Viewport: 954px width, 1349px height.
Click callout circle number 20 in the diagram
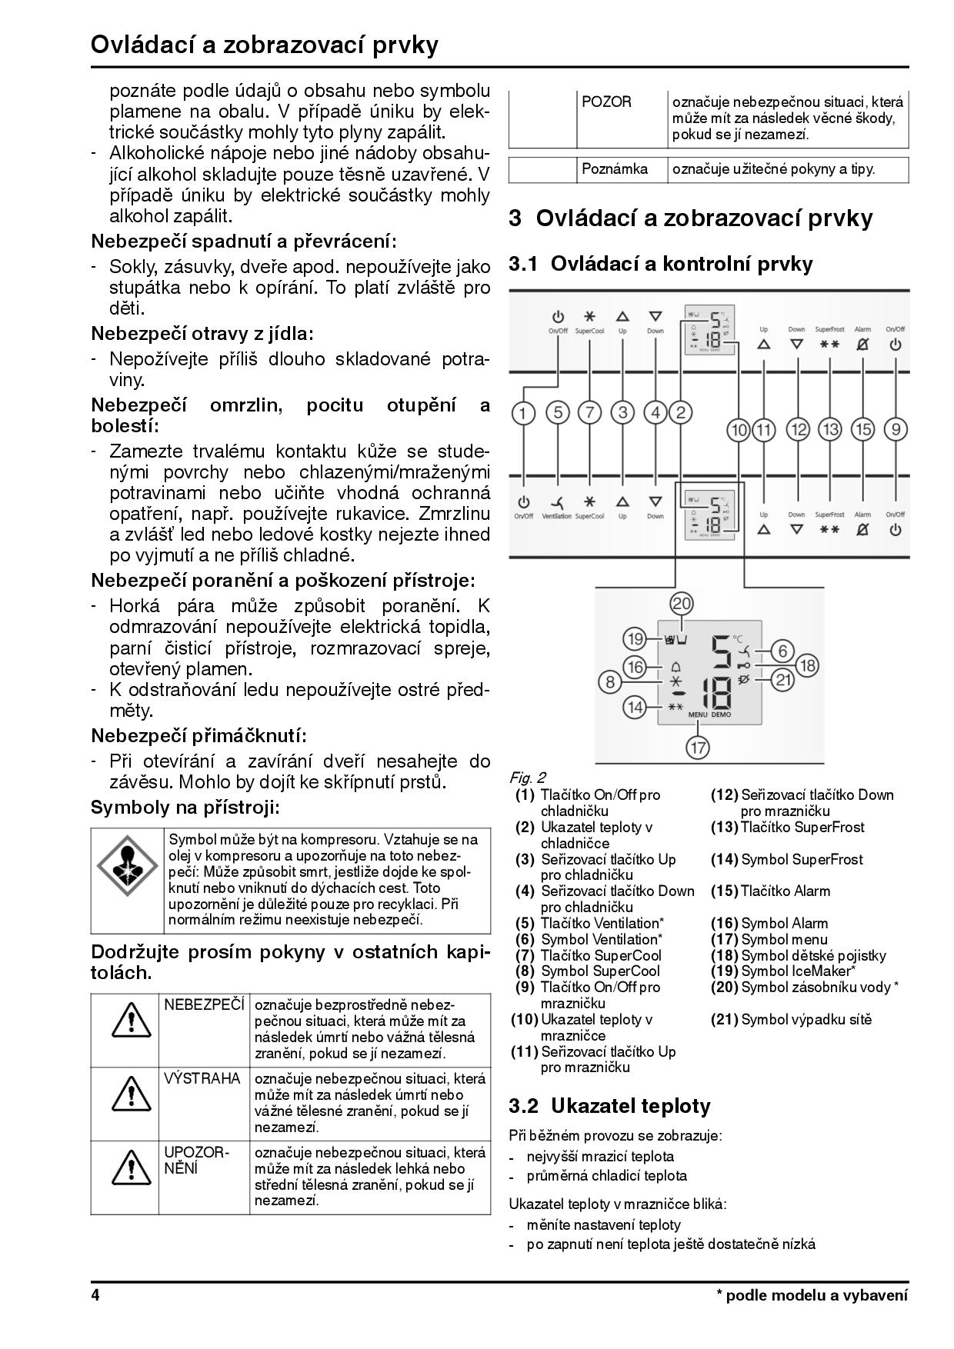click(682, 604)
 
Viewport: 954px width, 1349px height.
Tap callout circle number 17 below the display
click(698, 747)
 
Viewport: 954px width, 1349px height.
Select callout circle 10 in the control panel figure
click(739, 429)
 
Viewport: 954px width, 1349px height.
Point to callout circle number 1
click(523, 413)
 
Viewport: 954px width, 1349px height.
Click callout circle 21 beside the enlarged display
click(782, 679)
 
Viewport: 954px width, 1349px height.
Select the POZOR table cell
click(607, 102)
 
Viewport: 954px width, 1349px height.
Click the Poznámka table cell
click(615, 169)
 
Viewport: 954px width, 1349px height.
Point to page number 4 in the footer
click(95, 1294)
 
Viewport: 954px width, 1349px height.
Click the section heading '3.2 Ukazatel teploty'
click(609, 1106)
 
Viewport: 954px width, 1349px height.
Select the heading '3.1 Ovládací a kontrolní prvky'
click(660, 264)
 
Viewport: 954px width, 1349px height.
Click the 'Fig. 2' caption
click(528, 778)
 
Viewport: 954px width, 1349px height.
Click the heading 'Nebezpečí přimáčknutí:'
click(198, 736)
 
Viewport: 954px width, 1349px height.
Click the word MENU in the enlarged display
click(698, 714)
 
